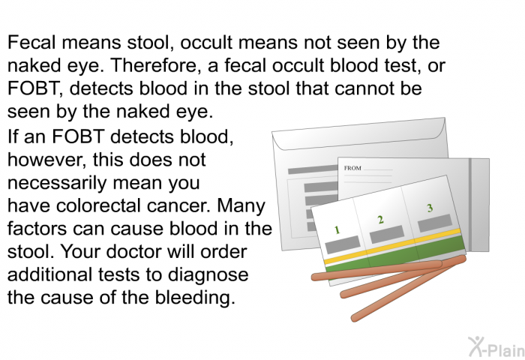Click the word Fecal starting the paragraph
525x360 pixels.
31,43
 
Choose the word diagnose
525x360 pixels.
208,274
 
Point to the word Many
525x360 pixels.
241,205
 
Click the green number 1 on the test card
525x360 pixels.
337,230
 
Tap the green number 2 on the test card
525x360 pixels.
380,220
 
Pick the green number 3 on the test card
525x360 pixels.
430,208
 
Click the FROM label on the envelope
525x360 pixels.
352,168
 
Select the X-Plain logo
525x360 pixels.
496,346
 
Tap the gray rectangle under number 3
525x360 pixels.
435,223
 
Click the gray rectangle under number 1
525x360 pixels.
343,244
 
